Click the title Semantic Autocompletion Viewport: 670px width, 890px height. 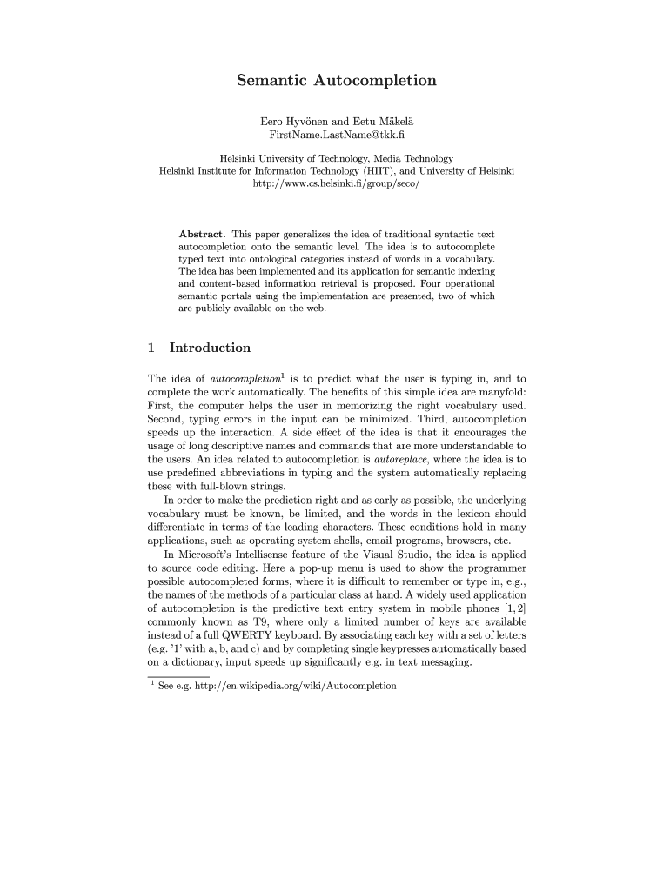[x=337, y=81]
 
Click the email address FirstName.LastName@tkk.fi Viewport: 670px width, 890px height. [x=337, y=136]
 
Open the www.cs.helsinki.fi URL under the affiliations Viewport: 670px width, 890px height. [x=337, y=184]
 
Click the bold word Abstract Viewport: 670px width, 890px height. [x=202, y=235]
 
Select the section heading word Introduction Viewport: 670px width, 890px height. [x=210, y=349]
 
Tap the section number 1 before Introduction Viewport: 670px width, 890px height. [x=151, y=349]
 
